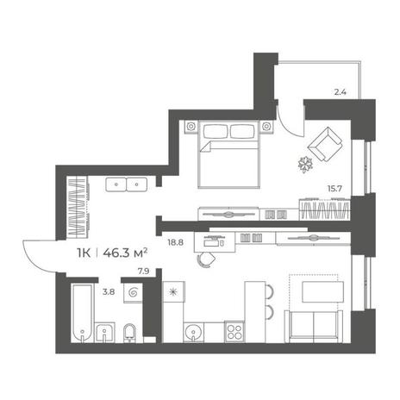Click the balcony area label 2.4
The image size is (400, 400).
click(x=341, y=92)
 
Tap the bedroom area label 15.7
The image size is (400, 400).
click(x=334, y=189)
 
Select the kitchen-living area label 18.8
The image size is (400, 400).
click(x=175, y=242)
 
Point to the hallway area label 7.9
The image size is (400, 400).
click(x=143, y=272)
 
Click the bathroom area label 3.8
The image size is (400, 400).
click(x=109, y=292)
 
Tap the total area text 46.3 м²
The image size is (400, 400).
click(x=125, y=253)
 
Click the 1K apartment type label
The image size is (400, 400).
click(x=84, y=253)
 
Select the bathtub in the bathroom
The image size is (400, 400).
click(x=83, y=313)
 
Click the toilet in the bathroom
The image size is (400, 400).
click(x=130, y=334)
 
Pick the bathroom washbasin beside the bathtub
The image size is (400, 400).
click(x=104, y=333)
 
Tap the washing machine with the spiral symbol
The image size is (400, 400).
click(x=133, y=293)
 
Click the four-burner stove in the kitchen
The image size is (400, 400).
click(x=234, y=331)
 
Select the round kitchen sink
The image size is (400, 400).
click(x=193, y=332)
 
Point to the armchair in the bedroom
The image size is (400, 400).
click(x=325, y=144)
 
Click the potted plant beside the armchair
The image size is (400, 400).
click(x=305, y=164)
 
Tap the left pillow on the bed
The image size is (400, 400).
click(x=216, y=132)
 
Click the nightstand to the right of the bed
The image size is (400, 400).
click(x=266, y=127)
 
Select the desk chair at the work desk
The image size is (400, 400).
click(x=206, y=260)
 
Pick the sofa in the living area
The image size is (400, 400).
click(x=314, y=327)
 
